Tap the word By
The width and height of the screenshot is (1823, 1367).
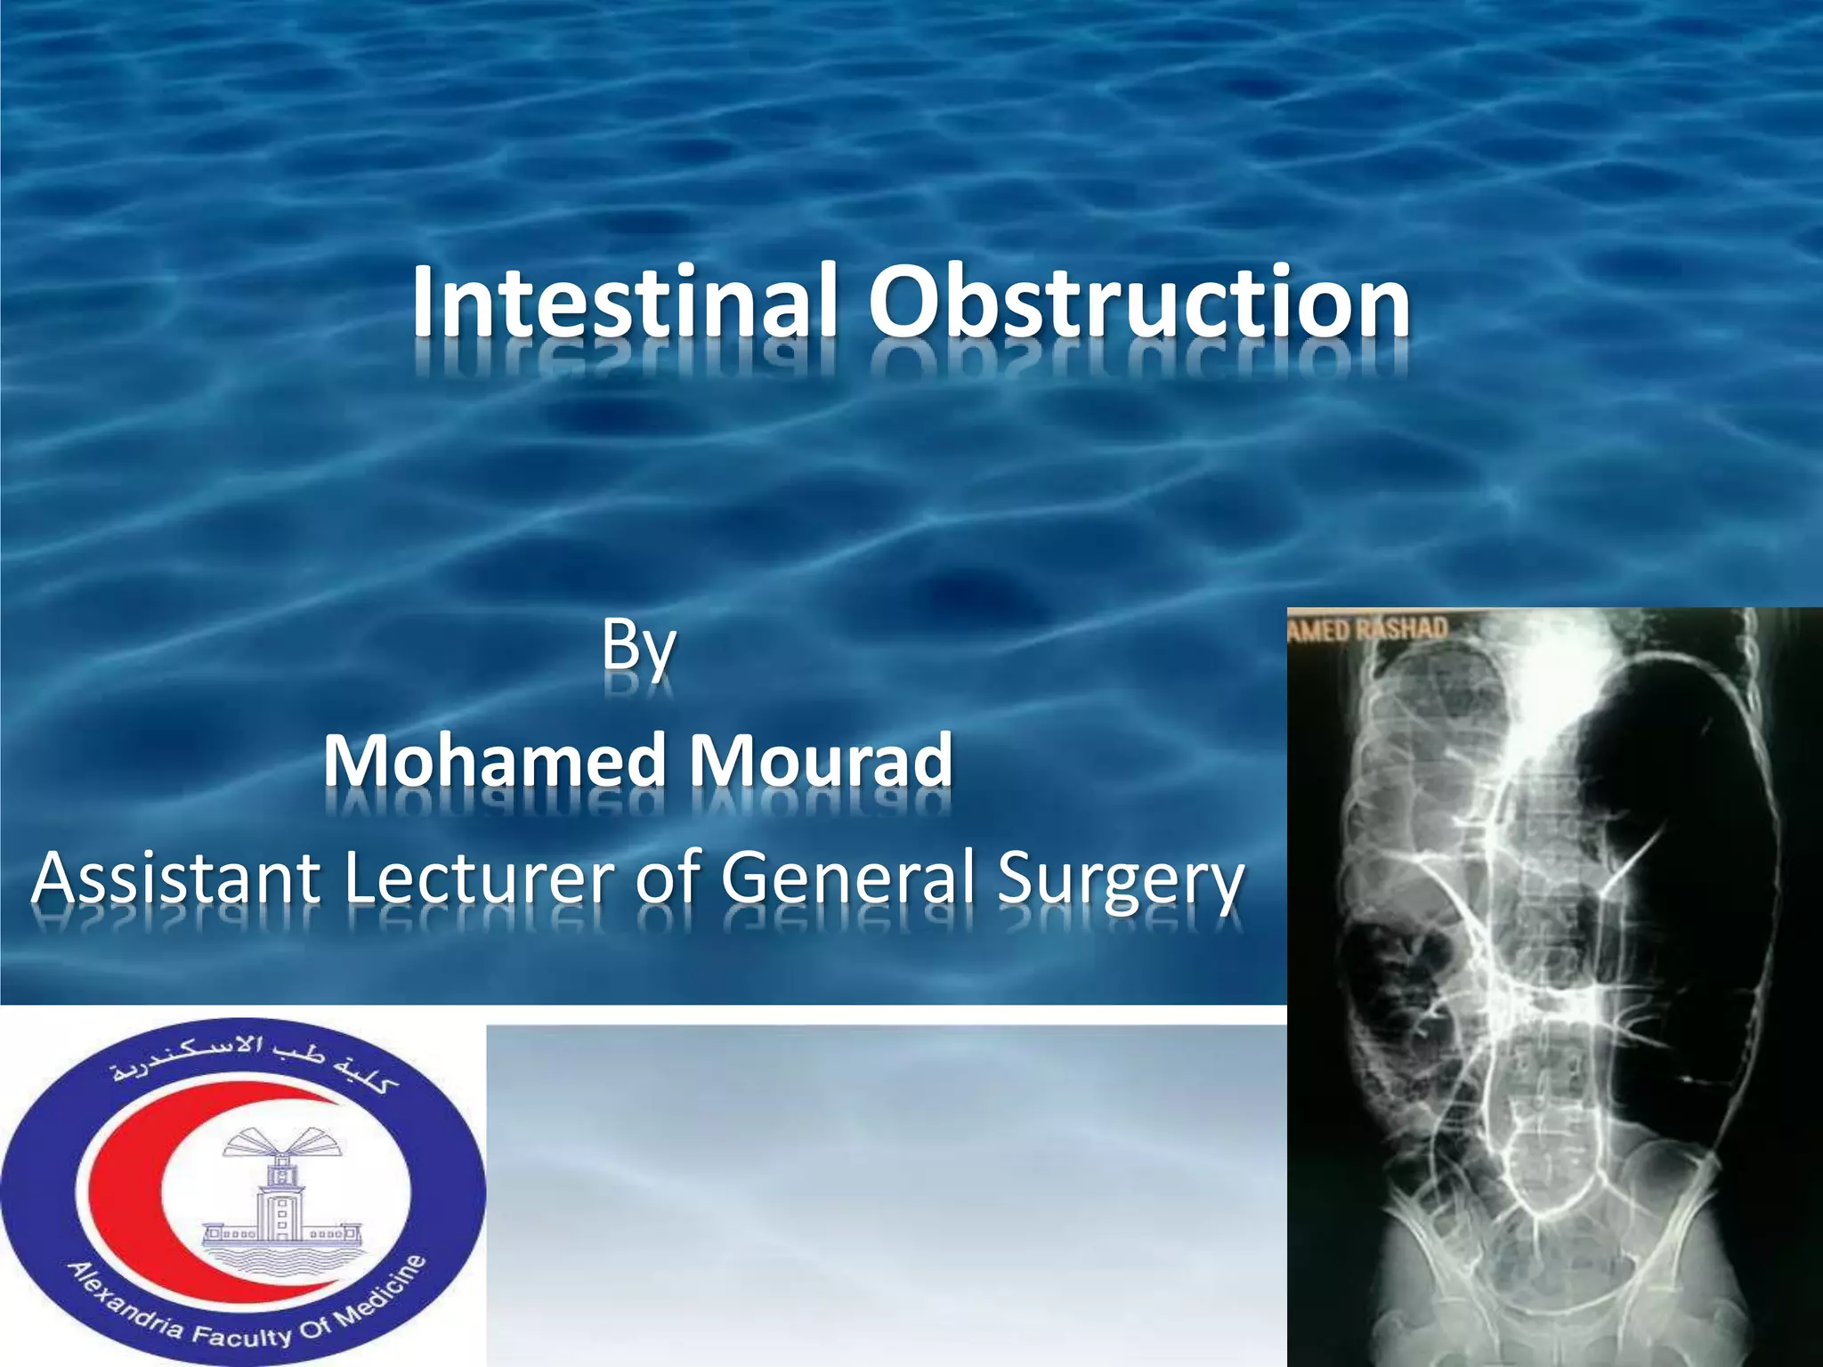tap(638, 647)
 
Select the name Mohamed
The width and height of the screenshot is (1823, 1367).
tap(495, 762)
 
